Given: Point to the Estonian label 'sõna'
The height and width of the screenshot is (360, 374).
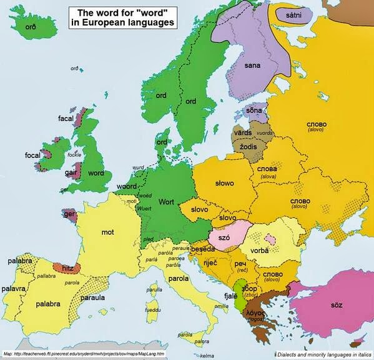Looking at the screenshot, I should (254, 111).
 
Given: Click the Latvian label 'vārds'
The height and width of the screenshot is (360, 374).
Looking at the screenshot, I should (242, 133).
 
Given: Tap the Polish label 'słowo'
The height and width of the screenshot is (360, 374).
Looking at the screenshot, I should (222, 183).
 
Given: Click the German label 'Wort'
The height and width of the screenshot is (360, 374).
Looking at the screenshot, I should (166, 202).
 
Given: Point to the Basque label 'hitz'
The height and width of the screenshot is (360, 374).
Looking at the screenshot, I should (67, 269).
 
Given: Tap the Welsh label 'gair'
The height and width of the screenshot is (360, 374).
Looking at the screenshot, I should (72, 171).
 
